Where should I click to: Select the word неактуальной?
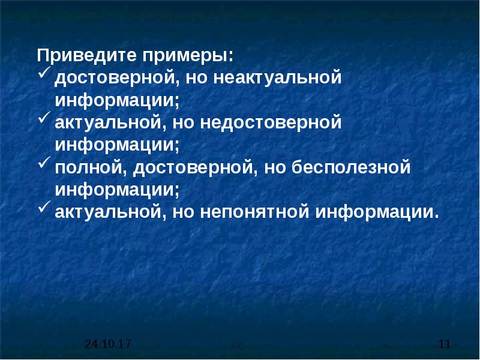point(277,77)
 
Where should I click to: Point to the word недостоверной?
point(271,123)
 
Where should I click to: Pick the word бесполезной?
point(351,167)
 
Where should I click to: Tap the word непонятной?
point(254,212)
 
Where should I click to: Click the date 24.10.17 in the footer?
point(108,344)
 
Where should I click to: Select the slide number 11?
point(445,344)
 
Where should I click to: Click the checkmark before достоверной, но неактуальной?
point(44,74)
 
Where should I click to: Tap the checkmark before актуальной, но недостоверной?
point(44,118)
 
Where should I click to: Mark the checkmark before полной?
point(44,163)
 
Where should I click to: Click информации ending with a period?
point(377,213)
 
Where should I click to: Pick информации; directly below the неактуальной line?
point(116,100)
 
